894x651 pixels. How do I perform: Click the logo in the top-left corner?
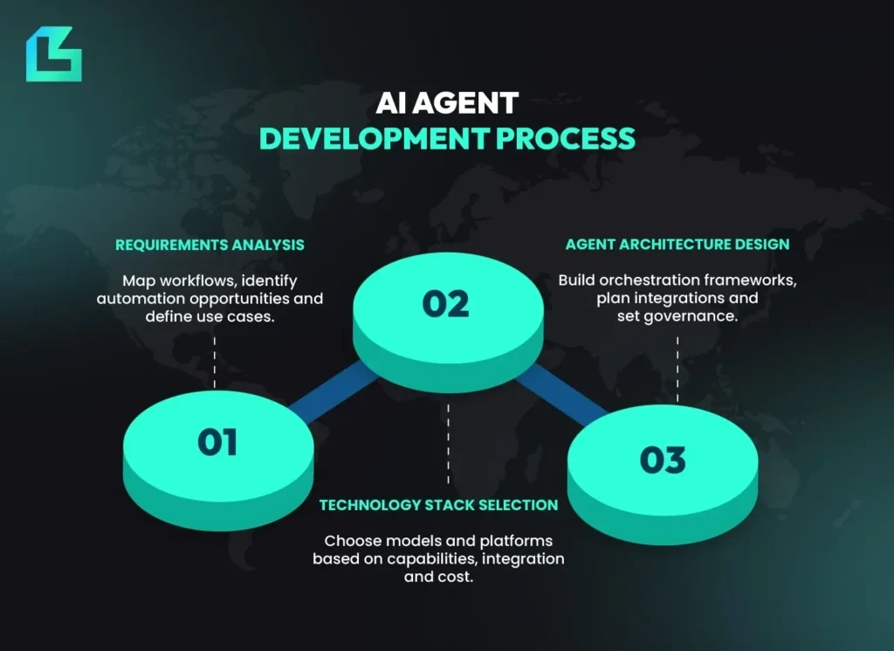click(x=53, y=55)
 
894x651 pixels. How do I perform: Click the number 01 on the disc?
click(x=217, y=442)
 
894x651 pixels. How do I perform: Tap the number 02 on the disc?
click(x=446, y=304)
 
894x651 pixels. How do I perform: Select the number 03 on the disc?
click(x=663, y=460)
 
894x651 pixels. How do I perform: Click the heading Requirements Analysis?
click(x=210, y=245)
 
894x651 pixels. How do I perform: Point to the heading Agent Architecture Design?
click(x=677, y=245)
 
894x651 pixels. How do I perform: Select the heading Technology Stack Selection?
click(x=438, y=505)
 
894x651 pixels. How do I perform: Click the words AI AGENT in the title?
click(x=447, y=104)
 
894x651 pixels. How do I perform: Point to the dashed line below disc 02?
click(x=448, y=441)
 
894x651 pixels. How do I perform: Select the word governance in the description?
click(x=693, y=316)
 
